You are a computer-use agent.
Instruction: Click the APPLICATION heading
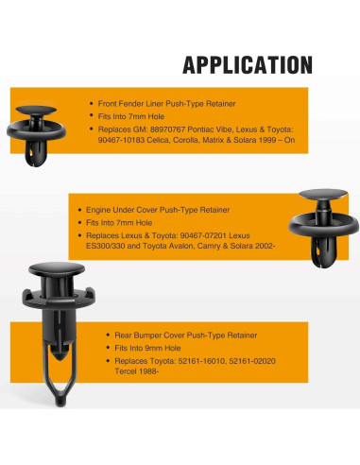pyautogui.click(x=247, y=65)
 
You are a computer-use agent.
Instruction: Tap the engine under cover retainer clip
pyautogui.click(x=324, y=221)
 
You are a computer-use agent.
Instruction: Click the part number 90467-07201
pyautogui.click(x=192, y=233)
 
